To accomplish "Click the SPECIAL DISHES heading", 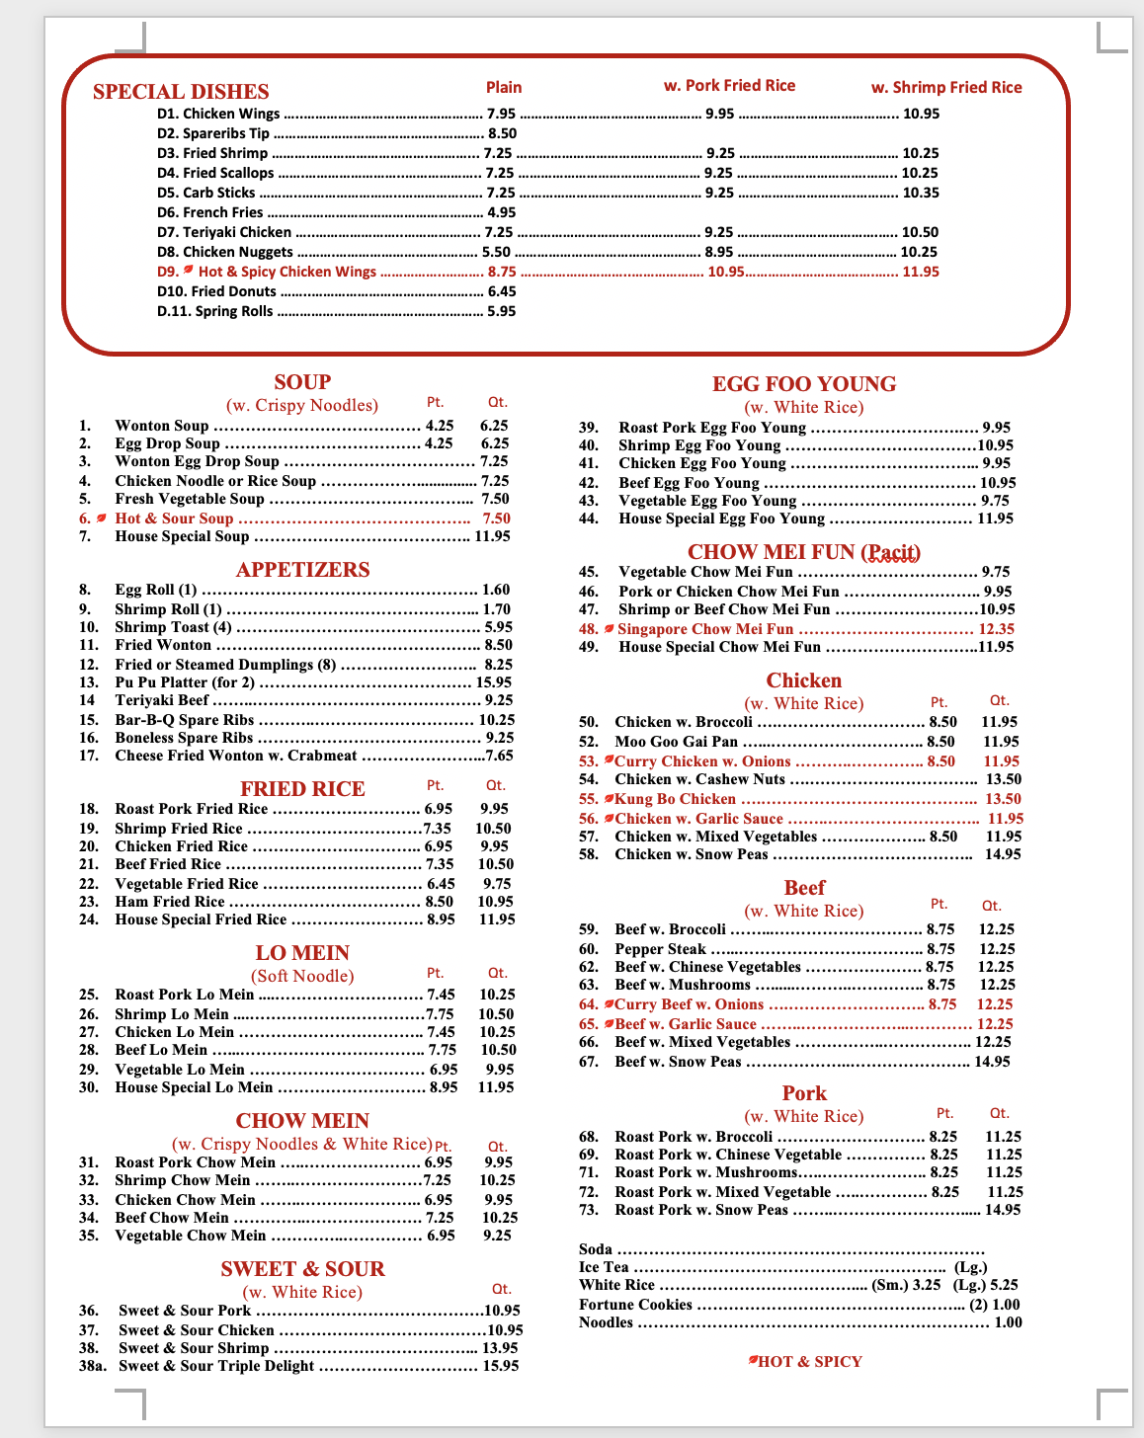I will coord(181,92).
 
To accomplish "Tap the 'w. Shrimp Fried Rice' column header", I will coord(945,87).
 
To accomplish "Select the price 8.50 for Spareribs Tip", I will coord(502,133).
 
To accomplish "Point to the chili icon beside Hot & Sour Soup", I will coord(101,519).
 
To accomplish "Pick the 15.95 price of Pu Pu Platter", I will coord(494,682).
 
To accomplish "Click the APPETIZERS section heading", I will coord(302,570).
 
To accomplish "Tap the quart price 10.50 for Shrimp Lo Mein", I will coord(495,1014).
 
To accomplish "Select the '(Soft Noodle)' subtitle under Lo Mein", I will coord(302,976).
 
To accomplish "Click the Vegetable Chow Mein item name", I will coord(190,1236).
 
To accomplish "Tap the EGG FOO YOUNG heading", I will coord(804,384).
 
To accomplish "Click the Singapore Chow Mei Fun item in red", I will coord(704,629).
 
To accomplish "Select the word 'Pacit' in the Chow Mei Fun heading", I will coord(891,552).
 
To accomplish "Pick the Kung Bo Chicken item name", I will coord(675,799).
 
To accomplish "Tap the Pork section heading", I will coord(804,1093).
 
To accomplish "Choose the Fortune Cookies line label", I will coord(635,1305).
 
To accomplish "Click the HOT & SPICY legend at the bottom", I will coord(809,1362).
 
